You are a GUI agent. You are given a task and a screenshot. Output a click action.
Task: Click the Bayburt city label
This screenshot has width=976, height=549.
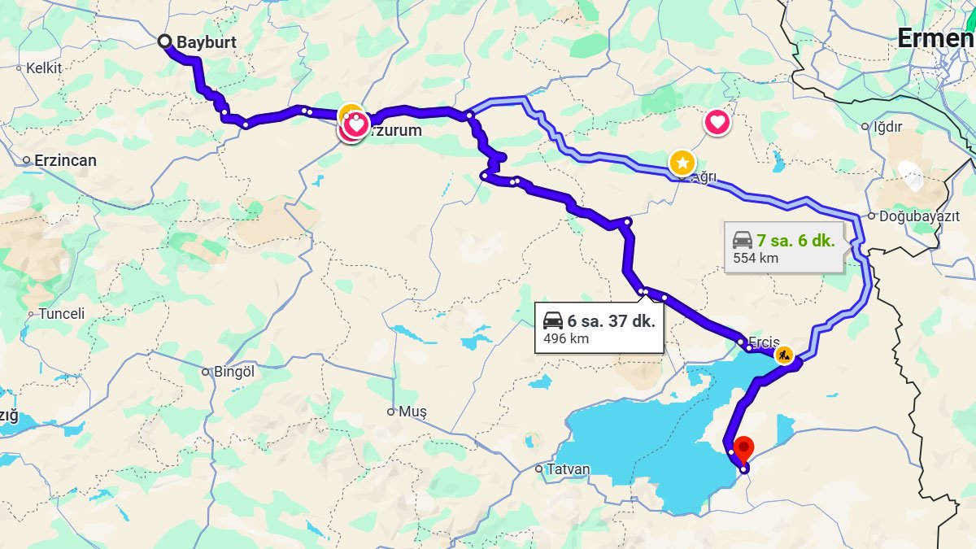click(x=206, y=41)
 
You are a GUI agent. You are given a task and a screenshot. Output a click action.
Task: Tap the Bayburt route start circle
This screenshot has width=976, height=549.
click(x=165, y=41)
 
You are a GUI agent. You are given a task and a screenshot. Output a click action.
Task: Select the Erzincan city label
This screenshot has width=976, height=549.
click(x=65, y=160)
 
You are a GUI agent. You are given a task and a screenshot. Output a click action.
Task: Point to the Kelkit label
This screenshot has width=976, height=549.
click(x=44, y=68)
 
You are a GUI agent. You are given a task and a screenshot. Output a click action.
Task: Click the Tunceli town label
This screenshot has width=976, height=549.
click(x=62, y=313)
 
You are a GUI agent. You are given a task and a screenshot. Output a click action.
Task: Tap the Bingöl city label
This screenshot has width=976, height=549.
click(x=234, y=371)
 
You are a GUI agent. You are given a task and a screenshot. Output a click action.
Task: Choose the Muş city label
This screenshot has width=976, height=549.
click(x=412, y=412)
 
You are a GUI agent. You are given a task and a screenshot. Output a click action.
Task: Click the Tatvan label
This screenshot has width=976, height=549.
click(x=569, y=469)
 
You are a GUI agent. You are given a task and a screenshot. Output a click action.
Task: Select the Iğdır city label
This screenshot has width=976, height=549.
click(x=888, y=126)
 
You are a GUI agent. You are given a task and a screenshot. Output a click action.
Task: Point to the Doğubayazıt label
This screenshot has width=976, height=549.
click(x=914, y=216)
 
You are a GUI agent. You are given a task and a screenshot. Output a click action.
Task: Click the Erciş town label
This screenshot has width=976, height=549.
click(x=765, y=342)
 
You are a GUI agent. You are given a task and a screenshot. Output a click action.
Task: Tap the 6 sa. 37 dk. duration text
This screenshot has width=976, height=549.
click(x=611, y=320)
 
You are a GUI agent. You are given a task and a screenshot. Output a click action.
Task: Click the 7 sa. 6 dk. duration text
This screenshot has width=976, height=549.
click(x=795, y=240)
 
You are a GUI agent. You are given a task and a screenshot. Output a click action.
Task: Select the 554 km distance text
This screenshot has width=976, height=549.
click(x=756, y=258)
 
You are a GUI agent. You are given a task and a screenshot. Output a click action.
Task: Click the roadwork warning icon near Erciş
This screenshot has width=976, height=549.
click(x=784, y=355)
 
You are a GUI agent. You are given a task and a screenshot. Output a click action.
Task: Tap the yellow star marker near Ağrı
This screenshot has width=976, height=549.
click(x=682, y=162)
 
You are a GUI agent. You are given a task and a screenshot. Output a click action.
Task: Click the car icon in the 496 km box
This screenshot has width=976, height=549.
click(x=553, y=320)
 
